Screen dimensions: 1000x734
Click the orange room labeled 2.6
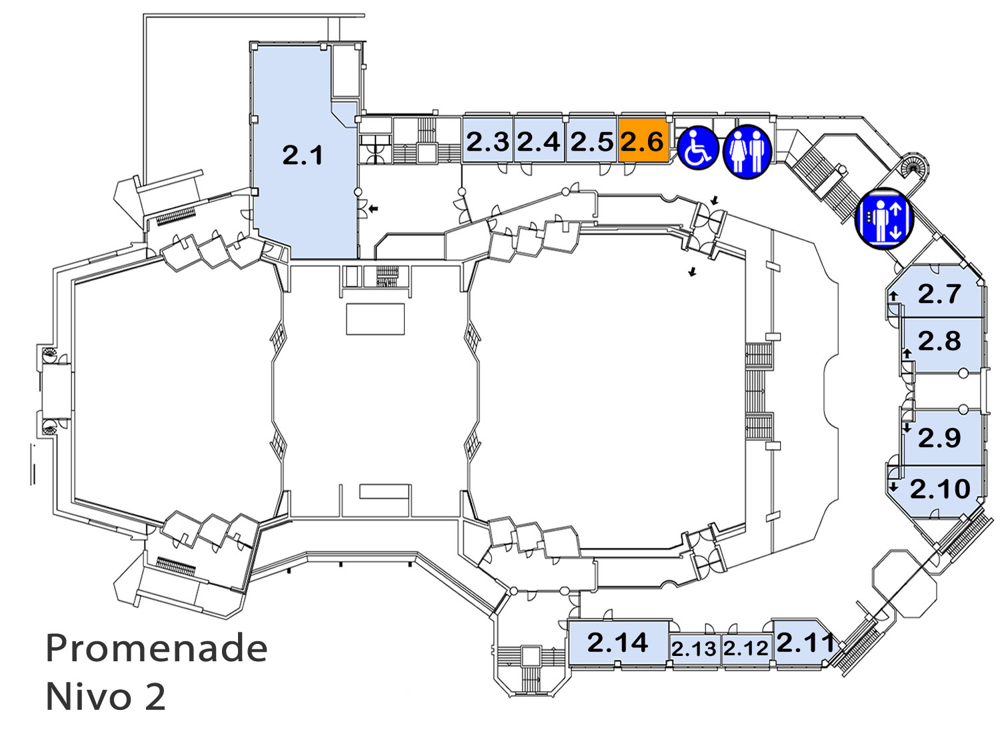tap(643, 140)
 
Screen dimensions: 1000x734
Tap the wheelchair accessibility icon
tap(698, 148)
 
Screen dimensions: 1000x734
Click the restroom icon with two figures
tap(747, 151)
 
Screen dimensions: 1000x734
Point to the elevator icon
tap(884, 218)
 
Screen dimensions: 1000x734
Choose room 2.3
tap(487, 140)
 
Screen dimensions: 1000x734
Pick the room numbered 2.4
tap(539, 140)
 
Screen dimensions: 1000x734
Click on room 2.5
tap(591, 140)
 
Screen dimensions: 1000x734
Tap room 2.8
tap(942, 344)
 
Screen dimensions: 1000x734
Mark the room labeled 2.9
tap(942, 437)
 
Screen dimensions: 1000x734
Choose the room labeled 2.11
tap(803, 644)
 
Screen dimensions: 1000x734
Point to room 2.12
tap(746, 649)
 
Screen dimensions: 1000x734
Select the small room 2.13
tap(694, 650)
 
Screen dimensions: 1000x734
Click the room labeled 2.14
tap(618, 643)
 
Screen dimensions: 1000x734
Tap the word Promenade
tap(156, 648)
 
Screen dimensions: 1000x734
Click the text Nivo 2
tap(106, 697)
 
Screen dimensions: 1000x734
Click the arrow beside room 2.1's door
tap(373, 208)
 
